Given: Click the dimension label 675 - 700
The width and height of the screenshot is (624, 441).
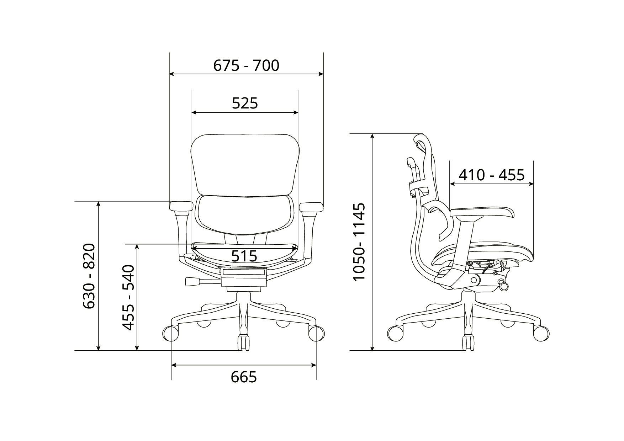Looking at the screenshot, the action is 246,65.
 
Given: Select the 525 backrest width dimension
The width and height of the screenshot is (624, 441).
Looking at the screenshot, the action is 245,103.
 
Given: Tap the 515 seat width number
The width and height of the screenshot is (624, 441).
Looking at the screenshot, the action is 244,256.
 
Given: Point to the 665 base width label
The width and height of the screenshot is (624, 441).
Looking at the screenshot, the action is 244,377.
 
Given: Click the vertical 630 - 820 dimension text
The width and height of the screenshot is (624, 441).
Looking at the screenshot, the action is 89,276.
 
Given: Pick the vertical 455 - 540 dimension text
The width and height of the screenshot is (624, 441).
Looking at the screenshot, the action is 128,297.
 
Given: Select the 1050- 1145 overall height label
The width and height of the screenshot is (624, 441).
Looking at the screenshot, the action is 359,242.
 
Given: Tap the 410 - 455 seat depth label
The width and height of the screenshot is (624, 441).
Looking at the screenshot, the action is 491,175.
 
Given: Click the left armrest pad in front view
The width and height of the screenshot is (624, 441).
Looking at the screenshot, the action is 181,206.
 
